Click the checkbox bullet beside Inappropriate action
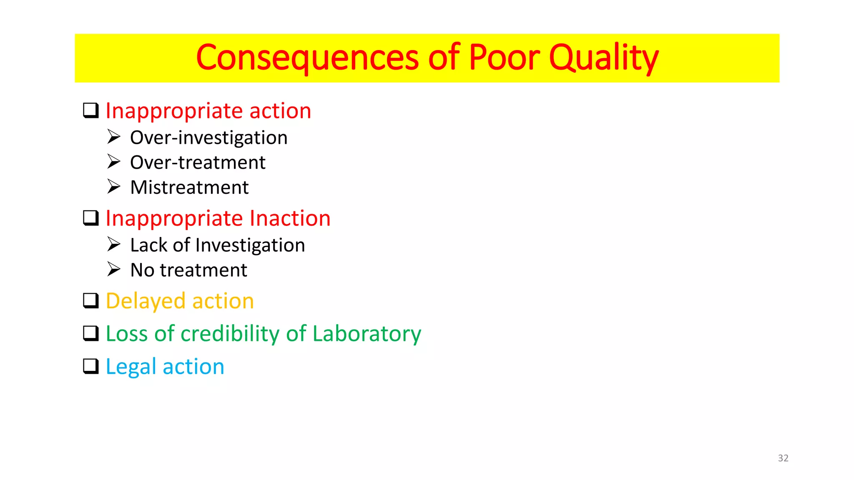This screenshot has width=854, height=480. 90,110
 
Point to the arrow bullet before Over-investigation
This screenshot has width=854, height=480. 113,137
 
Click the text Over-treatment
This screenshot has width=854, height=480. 198,162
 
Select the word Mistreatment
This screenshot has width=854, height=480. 189,187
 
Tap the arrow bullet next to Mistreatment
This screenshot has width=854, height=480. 113,186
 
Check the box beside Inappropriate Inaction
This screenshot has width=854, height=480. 90,218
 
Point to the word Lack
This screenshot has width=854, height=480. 148,245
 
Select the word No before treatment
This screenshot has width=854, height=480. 142,270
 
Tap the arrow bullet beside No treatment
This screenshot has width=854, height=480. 113,269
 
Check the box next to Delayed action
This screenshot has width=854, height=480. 90,300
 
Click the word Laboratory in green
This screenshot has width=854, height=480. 367,334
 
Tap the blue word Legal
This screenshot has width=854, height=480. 131,367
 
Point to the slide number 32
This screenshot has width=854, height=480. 783,458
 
